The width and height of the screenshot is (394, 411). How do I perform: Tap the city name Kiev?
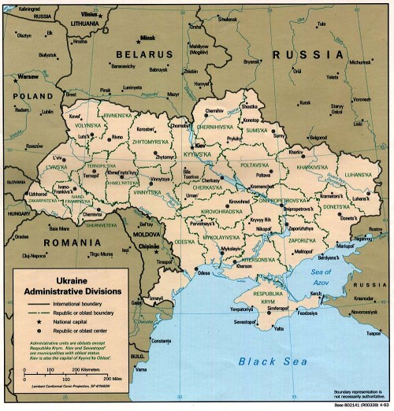(200, 146)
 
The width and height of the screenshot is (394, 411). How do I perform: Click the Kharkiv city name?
(296, 150)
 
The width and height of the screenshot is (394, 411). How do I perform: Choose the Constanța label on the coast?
(160, 340)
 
